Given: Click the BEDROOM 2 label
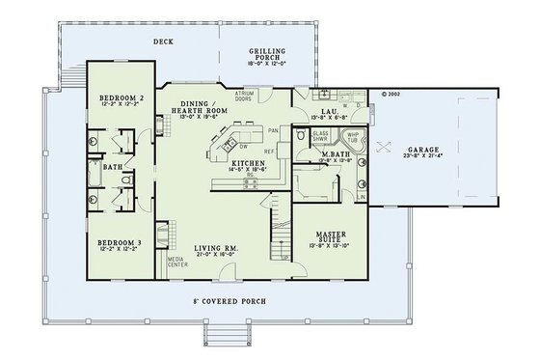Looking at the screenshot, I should (122, 97).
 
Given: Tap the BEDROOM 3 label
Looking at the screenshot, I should (122, 240).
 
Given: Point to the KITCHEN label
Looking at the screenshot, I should (249, 164).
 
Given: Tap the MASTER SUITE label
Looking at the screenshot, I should (331, 235).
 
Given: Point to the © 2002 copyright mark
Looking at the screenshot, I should (390, 95).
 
